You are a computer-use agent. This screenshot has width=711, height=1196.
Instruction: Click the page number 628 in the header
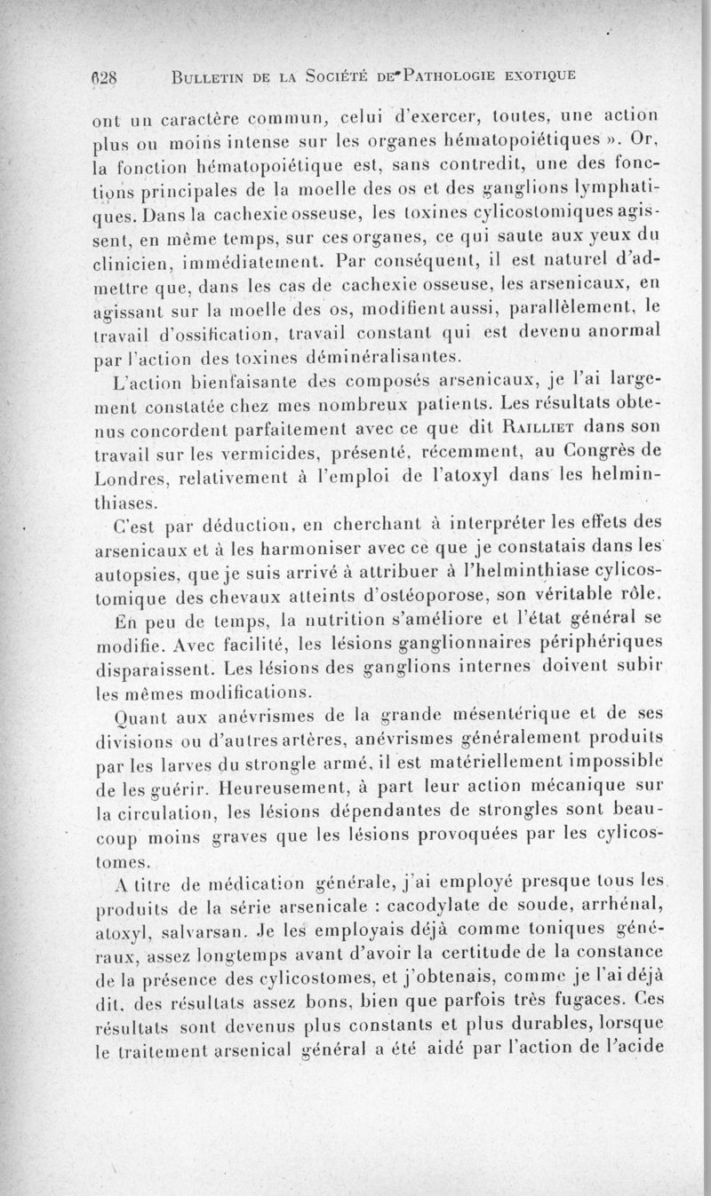113,75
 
